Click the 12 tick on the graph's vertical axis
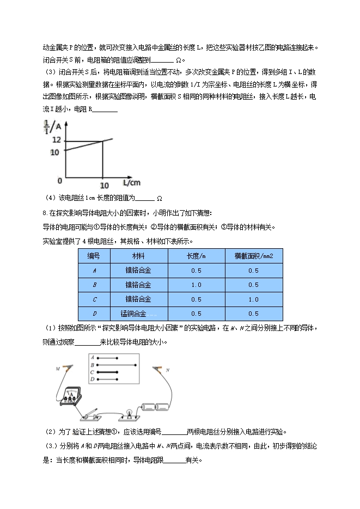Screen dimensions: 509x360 [x=54, y=139]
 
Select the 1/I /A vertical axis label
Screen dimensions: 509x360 [x=50, y=125]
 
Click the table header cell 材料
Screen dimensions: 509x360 [x=138, y=256]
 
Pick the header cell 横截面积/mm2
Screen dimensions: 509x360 [x=253, y=256]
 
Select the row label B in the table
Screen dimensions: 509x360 [x=94, y=285]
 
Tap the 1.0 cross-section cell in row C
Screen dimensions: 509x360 [x=253, y=299]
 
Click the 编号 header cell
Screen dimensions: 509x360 [x=94, y=256]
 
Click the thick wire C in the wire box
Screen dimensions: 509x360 [x=108, y=371]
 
